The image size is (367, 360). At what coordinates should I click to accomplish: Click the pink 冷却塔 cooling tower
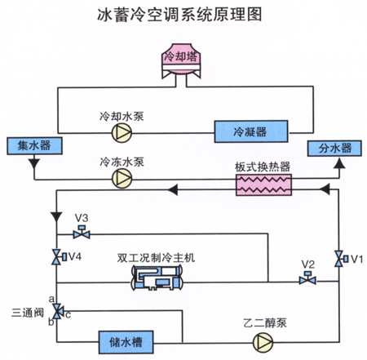tap(181, 62)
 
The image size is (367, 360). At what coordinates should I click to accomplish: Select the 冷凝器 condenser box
tap(251, 131)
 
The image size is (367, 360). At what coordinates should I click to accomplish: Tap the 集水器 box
tap(34, 146)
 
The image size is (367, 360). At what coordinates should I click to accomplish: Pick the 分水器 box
tap(334, 149)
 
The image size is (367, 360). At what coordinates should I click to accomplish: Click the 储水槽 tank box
tap(126, 342)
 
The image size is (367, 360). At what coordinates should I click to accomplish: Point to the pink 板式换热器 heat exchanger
tap(263, 184)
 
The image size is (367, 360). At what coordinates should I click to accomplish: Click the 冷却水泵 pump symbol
tap(122, 133)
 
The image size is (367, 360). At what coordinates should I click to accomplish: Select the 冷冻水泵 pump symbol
tap(122, 179)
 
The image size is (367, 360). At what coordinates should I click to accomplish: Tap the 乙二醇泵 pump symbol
tap(263, 342)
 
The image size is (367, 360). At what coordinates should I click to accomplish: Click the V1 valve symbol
tap(340, 259)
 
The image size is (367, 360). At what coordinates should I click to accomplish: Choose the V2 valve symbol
tap(307, 278)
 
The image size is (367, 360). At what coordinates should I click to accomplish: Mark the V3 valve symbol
tap(82, 232)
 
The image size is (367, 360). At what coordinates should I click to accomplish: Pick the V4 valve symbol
tap(59, 256)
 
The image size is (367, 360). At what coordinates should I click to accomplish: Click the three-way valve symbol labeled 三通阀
tap(58, 311)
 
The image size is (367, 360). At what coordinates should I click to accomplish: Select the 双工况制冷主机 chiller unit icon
tap(157, 278)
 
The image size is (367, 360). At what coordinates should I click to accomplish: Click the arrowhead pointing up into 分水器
tap(339, 163)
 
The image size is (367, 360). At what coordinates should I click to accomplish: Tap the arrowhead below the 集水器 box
tap(34, 163)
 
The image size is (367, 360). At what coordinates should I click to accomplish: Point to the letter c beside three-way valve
tap(68, 315)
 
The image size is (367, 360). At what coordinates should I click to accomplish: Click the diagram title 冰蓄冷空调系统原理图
tap(179, 15)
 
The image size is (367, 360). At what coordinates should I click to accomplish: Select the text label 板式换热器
tap(263, 167)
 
